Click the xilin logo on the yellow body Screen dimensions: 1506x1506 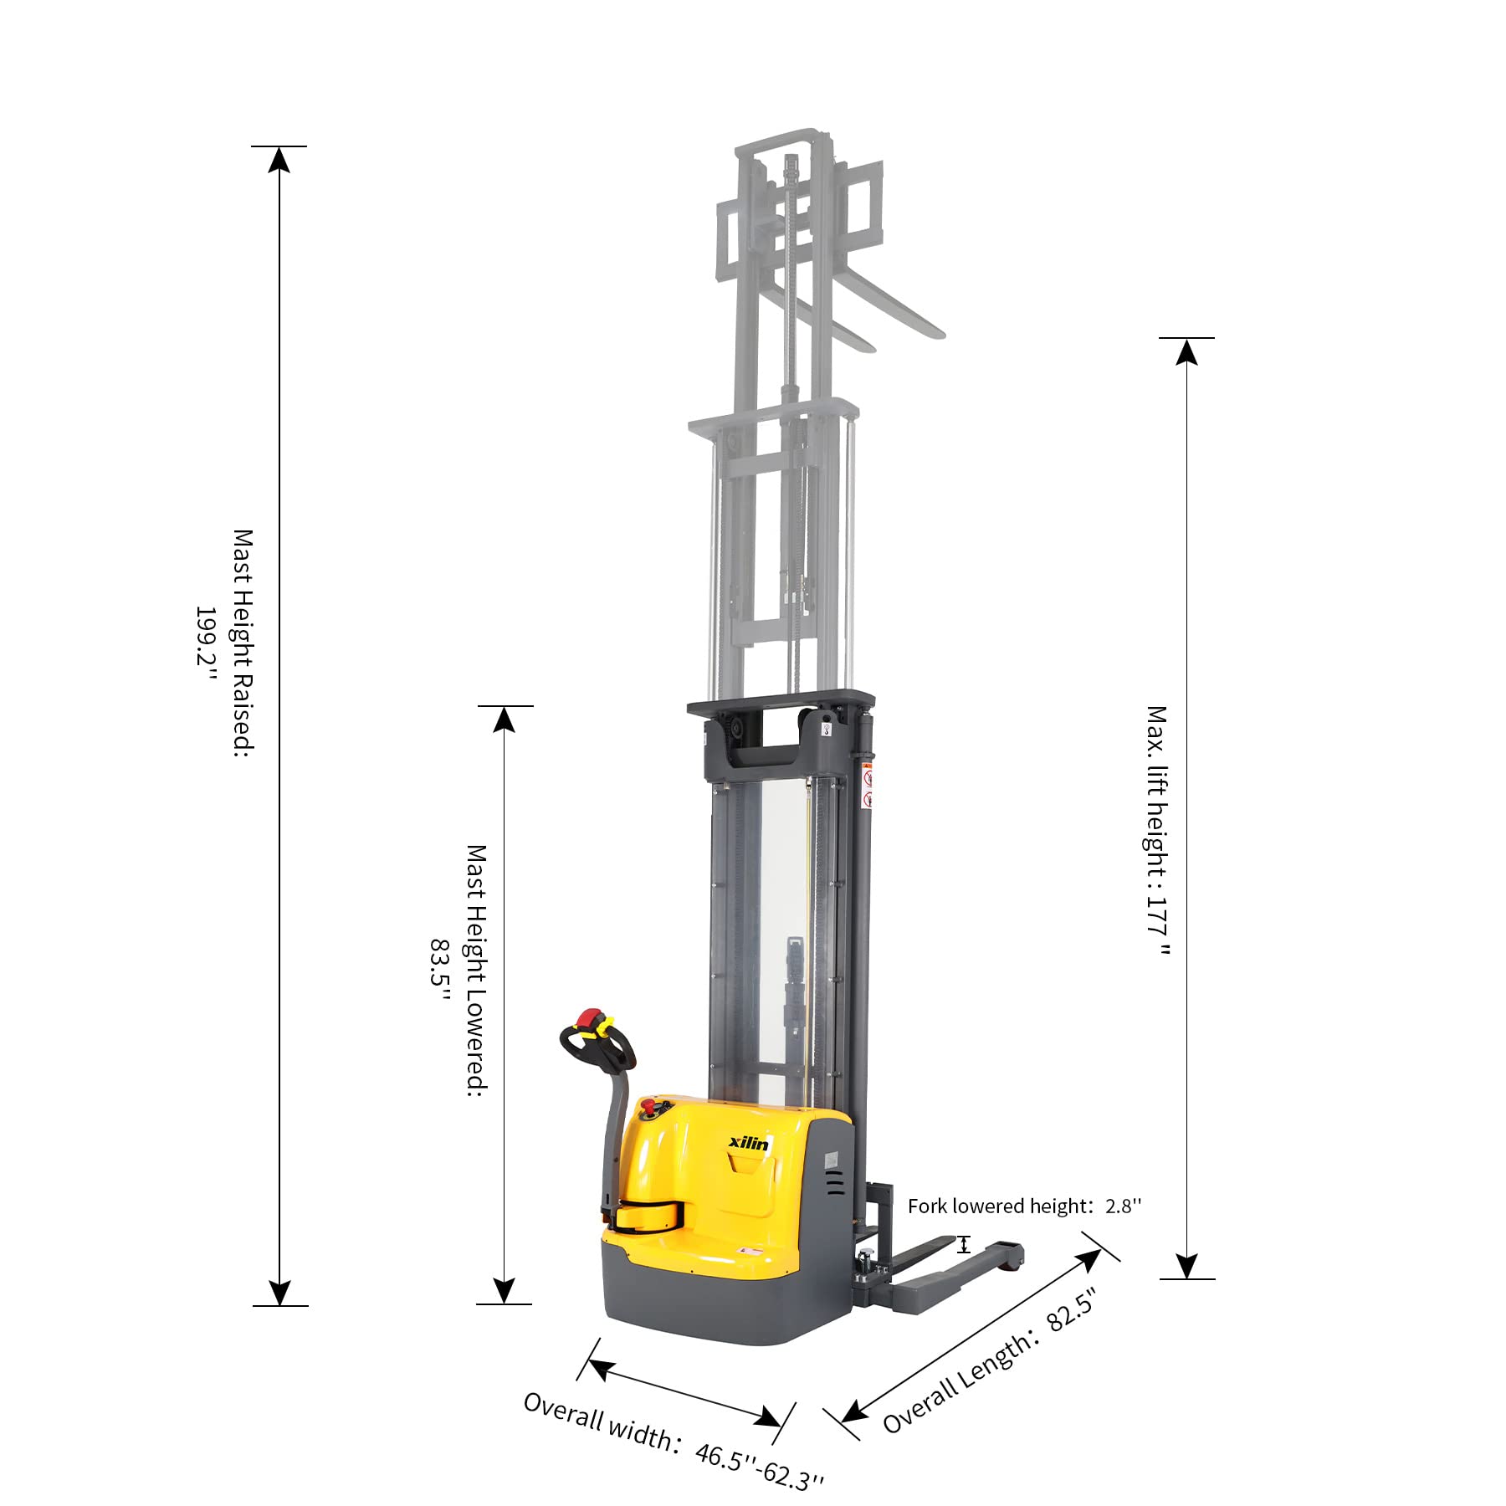[x=748, y=1143]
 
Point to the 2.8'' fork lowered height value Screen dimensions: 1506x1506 [x=1123, y=1206]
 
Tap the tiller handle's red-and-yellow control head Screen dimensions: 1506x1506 [x=594, y=1023]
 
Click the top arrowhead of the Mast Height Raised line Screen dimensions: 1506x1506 [x=279, y=159]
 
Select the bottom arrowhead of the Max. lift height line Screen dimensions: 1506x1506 [x=1186, y=1266]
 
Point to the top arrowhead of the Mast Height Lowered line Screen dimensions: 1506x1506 [x=504, y=719]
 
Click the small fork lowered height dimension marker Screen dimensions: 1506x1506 [x=964, y=1244]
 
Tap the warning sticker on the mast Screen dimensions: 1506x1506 [x=868, y=786]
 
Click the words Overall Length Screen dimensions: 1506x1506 [x=956, y=1381]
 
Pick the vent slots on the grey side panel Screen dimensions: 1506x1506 [x=834, y=1182]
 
